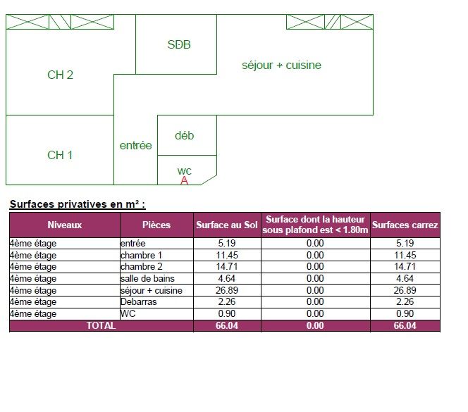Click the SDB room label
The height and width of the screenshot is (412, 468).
[x=179, y=45]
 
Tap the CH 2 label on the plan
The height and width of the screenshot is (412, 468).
[x=60, y=75]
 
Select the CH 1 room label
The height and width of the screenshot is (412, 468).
[x=60, y=155]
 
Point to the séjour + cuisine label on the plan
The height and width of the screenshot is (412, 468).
[x=281, y=65]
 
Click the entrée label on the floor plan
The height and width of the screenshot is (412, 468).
[x=136, y=146]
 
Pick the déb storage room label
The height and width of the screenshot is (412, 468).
[x=184, y=135]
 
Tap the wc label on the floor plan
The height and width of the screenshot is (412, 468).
[x=184, y=171]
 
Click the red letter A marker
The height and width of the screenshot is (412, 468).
[x=184, y=180]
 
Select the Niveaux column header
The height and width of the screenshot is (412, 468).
[x=64, y=225]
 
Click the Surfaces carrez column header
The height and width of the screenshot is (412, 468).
[x=405, y=225]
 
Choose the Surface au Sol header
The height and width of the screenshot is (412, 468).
[x=227, y=225]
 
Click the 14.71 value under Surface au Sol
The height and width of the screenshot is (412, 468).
[x=227, y=266]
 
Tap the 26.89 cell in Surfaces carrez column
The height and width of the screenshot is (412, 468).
[x=405, y=290]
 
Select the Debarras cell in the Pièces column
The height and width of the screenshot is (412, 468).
[x=138, y=302]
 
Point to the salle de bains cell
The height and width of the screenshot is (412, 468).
[x=147, y=279]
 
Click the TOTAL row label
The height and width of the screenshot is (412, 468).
[x=101, y=325]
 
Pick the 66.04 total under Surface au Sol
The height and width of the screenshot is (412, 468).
[x=227, y=325]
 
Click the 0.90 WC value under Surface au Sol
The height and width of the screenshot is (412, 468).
[x=227, y=314]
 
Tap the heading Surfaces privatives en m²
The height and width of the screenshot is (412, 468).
[x=78, y=204]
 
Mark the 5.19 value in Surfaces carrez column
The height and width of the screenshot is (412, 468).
[x=405, y=243]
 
